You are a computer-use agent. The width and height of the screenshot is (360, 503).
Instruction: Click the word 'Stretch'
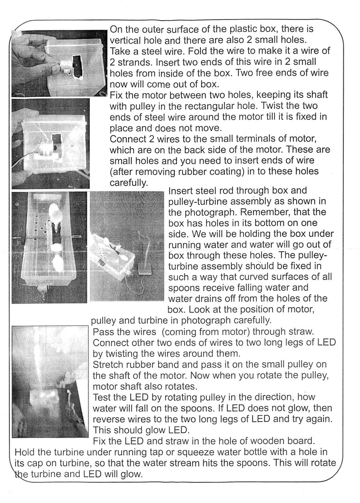108,364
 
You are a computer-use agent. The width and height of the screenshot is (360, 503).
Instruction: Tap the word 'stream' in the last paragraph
206,463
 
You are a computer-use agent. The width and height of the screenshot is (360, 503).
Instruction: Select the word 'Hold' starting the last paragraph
25,452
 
